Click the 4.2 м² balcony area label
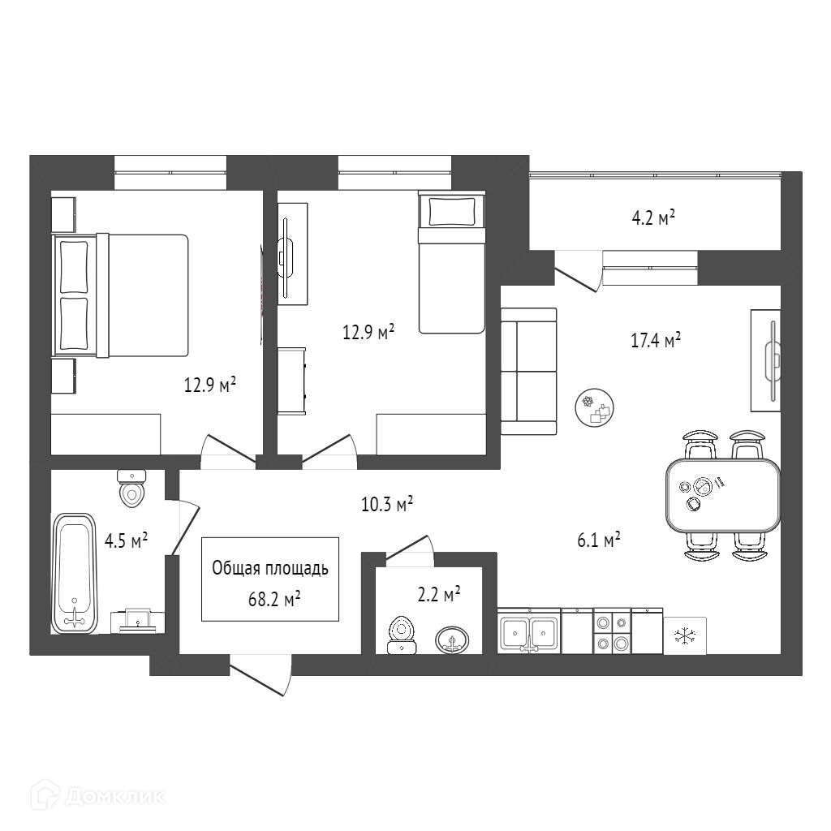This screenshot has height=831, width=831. (653, 218)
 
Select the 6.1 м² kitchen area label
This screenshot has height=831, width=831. (599, 540)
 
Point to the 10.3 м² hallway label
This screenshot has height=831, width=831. (387, 506)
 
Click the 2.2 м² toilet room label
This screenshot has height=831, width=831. (438, 595)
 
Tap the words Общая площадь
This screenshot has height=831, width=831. (270, 568)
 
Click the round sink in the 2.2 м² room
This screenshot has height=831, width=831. (452, 641)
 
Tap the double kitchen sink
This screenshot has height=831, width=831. (528, 632)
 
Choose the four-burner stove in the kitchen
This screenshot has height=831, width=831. (611, 632)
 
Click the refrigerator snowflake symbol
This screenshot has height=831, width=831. (684, 634)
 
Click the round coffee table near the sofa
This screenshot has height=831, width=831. (596, 407)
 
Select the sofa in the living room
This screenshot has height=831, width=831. (528, 372)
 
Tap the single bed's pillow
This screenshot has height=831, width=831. (450, 211)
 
